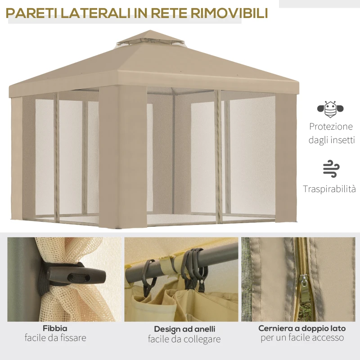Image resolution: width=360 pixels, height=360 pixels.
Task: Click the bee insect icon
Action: pyautogui.click(x=331, y=108)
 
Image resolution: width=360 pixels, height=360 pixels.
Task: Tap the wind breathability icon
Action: pyautogui.click(x=331, y=168)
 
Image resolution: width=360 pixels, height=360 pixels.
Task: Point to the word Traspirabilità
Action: pyautogui.click(x=329, y=189)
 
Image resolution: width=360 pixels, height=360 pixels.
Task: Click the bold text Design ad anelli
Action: pyautogui.click(x=184, y=329)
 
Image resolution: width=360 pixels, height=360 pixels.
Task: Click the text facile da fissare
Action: pyautogui.click(x=55, y=338)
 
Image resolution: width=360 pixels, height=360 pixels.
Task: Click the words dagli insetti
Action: pyautogui.click(x=331, y=140)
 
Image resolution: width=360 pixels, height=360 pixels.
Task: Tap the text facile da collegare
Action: pyautogui.click(x=184, y=339)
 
